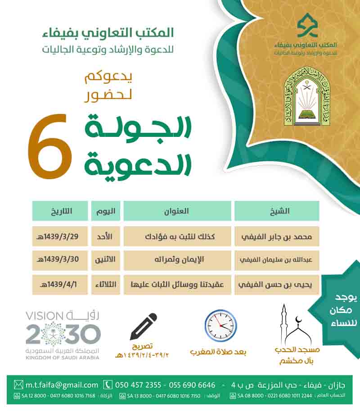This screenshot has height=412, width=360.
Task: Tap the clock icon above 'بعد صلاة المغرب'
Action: click(220, 325)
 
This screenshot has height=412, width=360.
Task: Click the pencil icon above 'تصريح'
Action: click(144, 326)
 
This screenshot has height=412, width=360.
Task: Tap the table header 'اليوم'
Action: click(106, 211)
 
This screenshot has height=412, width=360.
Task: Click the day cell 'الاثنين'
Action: click(106, 260)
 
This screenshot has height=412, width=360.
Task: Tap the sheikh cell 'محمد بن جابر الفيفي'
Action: click(277, 236)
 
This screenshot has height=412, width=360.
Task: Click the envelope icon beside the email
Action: click(18, 385)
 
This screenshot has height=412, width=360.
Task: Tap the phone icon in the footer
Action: click(108, 385)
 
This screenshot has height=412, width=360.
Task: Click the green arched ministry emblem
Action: click(302, 97)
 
